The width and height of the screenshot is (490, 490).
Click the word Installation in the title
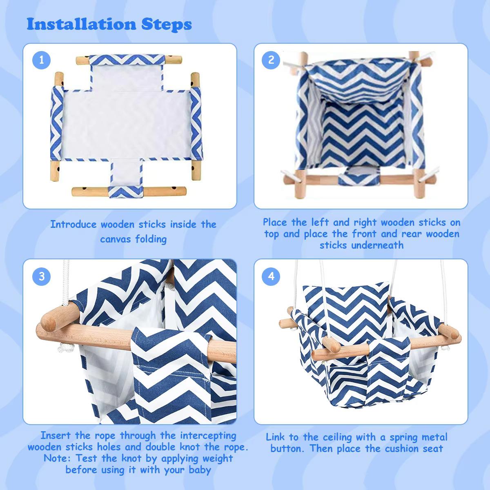[82, 24]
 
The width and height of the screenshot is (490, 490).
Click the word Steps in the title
[167, 25]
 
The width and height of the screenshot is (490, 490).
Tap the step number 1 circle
[42, 60]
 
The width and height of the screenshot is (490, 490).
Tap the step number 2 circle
[271, 60]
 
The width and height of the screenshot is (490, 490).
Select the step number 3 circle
[42, 276]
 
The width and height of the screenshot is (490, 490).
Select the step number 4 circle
[271, 276]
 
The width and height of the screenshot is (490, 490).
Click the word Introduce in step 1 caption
[73, 224]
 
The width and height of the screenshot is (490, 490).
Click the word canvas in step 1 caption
[115, 238]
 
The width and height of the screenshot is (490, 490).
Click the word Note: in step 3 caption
[58, 458]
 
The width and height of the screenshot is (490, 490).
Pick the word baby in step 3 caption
[200, 470]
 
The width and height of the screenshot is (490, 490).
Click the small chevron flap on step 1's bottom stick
[127, 190]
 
